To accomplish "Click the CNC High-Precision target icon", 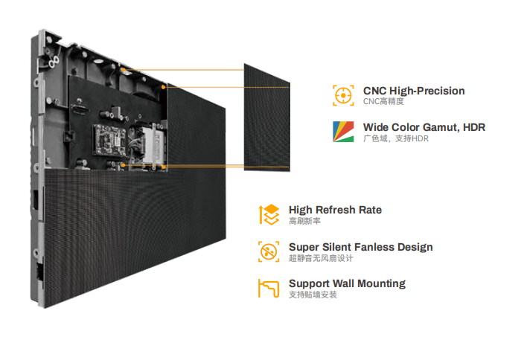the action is click(x=343, y=95).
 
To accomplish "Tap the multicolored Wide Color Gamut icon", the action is click(x=343, y=132).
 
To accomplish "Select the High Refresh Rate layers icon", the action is click(x=269, y=214).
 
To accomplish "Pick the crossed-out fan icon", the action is click(x=269, y=251).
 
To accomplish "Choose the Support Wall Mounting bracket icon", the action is click(x=269, y=289).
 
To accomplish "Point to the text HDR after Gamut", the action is click(x=474, y=127).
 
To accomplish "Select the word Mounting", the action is click(x=381, y=284).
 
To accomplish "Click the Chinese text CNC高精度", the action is click(x=383, y=102).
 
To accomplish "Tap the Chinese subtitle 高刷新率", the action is click(x=304, y=221).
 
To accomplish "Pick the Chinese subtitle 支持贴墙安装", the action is click(x=313, y=295).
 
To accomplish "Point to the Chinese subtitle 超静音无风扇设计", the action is click(x=321, y=258).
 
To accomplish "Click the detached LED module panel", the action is click(x=266, y=118).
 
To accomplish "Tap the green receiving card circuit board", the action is click(x=109, y=140).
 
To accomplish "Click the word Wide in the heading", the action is click(x=375, y=127).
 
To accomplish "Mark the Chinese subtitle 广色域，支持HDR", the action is click(x=396, y=138).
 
